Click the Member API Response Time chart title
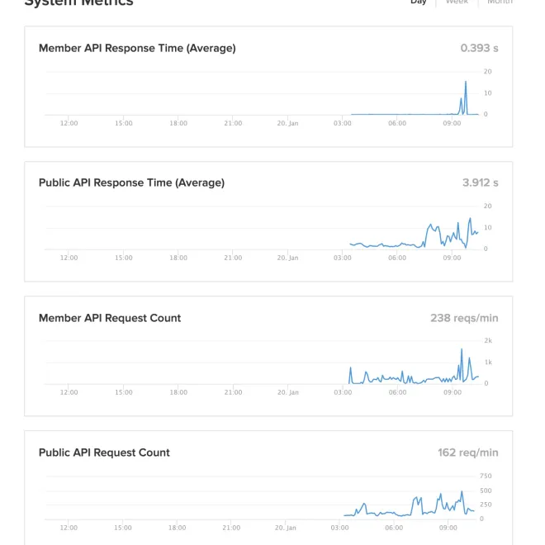tap(137, 48)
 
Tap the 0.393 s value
tap(479, 48)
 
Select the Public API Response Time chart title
tap(131, 182)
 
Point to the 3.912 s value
tap(480, 182)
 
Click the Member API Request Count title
tap(110, 318)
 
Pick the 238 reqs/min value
tap(464, 318)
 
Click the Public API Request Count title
tap(104, 453)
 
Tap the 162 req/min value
tap(467, 453)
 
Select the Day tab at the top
tap(419, 2)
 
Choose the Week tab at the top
tap(457, 2)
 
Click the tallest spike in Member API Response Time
tap(466, 82)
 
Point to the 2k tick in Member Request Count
tap(488, 340)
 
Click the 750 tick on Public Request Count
tap(486, 476)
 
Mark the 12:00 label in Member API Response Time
tap(69, 123)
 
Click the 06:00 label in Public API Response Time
tap(397, 258)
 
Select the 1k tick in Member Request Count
tap(488, 362)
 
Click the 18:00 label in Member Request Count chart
tap(178, 392)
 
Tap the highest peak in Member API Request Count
tap(462, 349)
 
